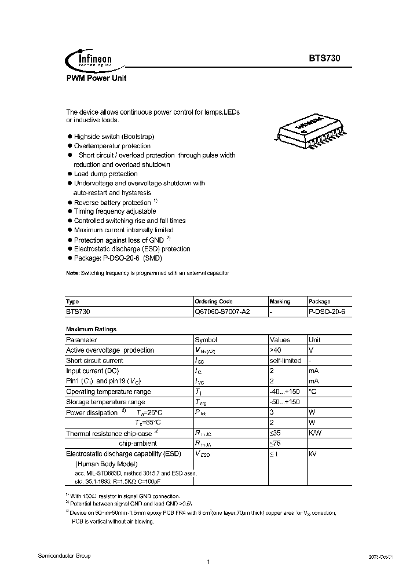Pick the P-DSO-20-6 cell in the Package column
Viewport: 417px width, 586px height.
point(326,312)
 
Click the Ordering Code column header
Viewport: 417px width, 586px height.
point(214,302)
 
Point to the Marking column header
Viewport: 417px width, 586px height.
point(280,302)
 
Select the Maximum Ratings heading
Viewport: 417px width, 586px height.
point(91,329)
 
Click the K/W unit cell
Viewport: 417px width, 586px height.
point(315,433)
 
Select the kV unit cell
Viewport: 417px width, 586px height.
point(313,454)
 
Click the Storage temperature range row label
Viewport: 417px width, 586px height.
point(105,402)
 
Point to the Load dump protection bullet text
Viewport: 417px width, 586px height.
point(105,174)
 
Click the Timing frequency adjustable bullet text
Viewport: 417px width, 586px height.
point(111,212)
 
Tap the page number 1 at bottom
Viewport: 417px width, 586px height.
point(207,562)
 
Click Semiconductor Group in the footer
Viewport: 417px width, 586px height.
point(64,555)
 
